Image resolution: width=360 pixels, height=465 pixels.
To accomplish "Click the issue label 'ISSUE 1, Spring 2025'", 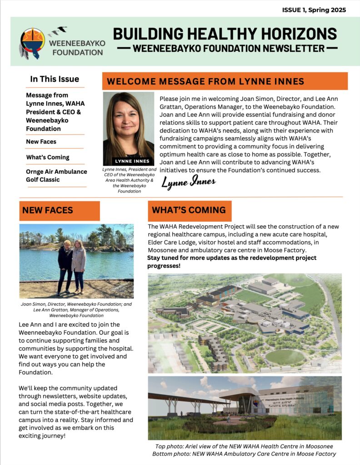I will pyautogui.click(x=314, y=10).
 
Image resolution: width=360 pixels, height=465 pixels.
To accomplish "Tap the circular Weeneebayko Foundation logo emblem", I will pyautogui.click(x=33, y=40).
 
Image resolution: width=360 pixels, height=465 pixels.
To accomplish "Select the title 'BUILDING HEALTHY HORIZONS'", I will pyautogui.click(x=225, y=34).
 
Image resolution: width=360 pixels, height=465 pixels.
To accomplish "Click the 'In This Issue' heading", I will pyautogui.click(x=55, y=79).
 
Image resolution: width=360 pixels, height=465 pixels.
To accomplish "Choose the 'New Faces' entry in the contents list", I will pyautogui.click(x=41, y=142).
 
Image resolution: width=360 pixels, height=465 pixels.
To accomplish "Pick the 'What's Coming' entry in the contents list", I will pyautogui.click(x=48, y=157).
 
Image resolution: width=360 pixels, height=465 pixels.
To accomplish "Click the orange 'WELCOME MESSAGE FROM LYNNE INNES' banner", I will pyautogui.click(x=225, y=81).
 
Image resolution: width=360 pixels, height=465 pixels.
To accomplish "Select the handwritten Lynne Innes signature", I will pyautogui.click(x=189, y=183).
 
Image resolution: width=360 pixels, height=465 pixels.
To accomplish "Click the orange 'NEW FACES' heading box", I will pyautogui.click(x=60, y=210).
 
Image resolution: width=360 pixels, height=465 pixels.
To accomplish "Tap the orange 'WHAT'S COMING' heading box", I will pyautogui.click(x=190, y=210).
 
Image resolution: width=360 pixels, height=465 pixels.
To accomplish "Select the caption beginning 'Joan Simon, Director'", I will pyautogui.click(x=76, y=310).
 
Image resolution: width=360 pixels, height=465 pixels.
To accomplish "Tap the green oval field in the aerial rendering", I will pyautogui.click(x=285, y=356).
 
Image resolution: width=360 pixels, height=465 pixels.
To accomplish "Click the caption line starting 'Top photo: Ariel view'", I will pyautogui.click(x=245, y=446).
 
